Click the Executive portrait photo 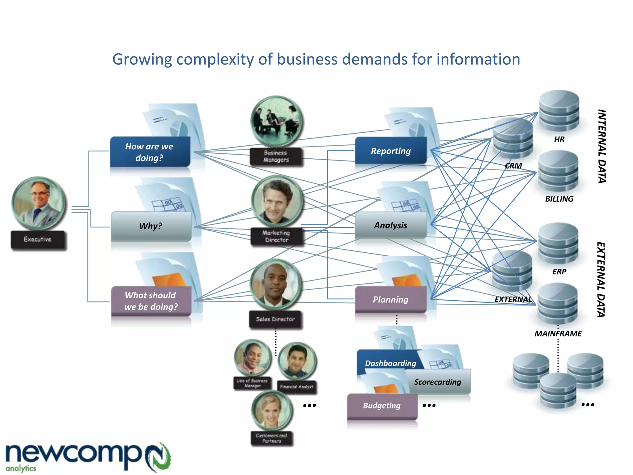tap(39, 203)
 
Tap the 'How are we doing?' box tap(150, 152)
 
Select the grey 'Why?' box tap(151, 226)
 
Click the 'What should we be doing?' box tap(151, 301)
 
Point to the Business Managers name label tap(276, 156)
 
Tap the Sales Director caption tap(275, 319)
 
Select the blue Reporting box tap(391, 151)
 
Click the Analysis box tap(391, 225)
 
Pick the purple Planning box tap(391, 299)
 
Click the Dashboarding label tap(390, 363)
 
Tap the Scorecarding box tap(438, 382)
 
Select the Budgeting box tap(382, 405)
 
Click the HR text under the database tap(559, 139)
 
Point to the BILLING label tap(559, 199)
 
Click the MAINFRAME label tap(558, 333)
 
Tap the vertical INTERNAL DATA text tap(601, 146)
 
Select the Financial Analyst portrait tap(297, 361)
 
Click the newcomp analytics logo tap(87, 457)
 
